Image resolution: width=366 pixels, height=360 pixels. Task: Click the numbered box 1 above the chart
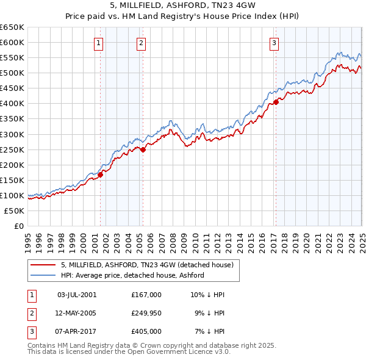point(98,43)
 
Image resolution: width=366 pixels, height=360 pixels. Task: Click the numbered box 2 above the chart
point(141,43)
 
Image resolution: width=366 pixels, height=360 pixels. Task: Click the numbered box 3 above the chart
point(274,43)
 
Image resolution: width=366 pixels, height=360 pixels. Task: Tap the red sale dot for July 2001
point(101,175)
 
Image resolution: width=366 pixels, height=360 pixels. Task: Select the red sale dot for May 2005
point(143,149)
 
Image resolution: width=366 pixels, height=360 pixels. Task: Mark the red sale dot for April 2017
point(276,102)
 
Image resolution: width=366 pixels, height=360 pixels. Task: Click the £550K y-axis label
point(13,58)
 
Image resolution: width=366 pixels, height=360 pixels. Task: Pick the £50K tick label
point(15,211)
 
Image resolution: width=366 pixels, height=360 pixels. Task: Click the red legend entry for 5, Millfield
point(147,265)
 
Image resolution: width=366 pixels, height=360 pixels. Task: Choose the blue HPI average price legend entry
point(132,275)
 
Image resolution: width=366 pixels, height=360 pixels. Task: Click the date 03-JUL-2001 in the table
point(77,295)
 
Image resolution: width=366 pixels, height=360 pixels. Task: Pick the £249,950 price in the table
point(146,313)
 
